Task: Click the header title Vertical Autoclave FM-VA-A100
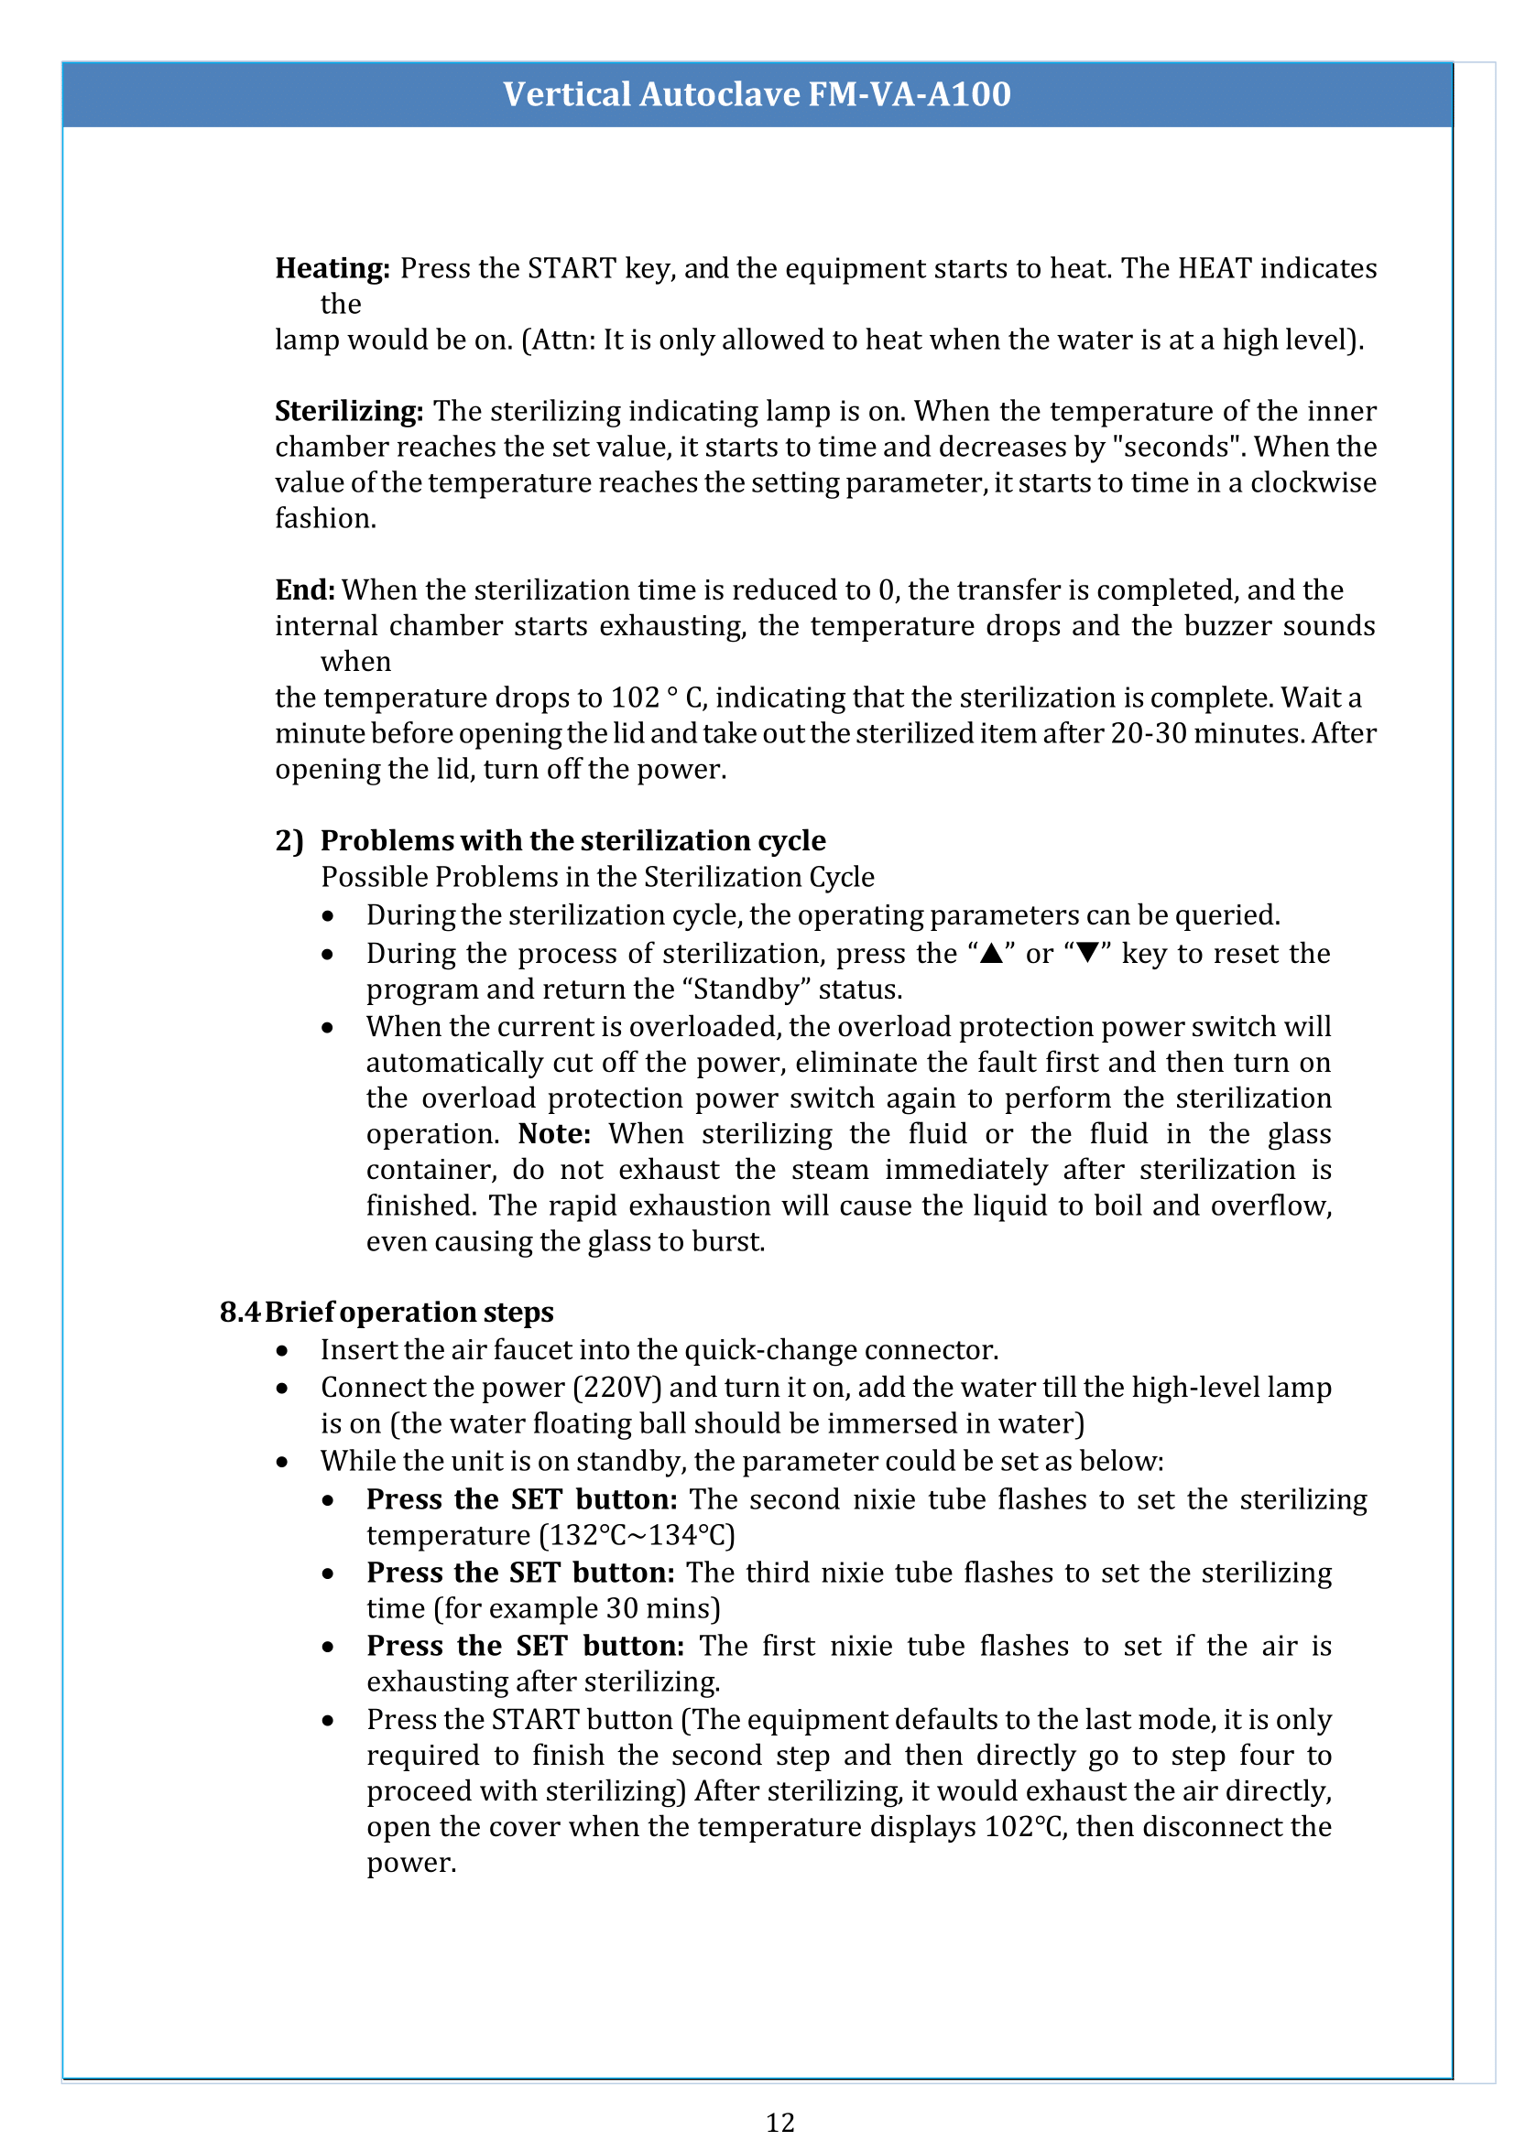click(x=757, y=94)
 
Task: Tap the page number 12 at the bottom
click(x=779, y=2123)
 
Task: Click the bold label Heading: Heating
click(x=332, y=268)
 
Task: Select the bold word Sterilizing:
click(x=349, y=411)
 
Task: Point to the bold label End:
click(x=304, y=590)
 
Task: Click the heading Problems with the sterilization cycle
click(x=572, y=841)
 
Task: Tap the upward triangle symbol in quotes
click(x=992, y=954)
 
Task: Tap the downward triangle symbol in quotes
click(x=1087, y=954)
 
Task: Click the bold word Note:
click(x=554, y=1134)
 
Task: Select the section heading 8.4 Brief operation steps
click(x=387, y=1312)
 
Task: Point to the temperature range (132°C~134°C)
click(x=638, y=1535)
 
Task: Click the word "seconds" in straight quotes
click(x=1178, y=448)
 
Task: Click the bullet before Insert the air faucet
click(x=282, y=1351)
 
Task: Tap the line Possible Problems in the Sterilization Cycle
click(x=597, y=878)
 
